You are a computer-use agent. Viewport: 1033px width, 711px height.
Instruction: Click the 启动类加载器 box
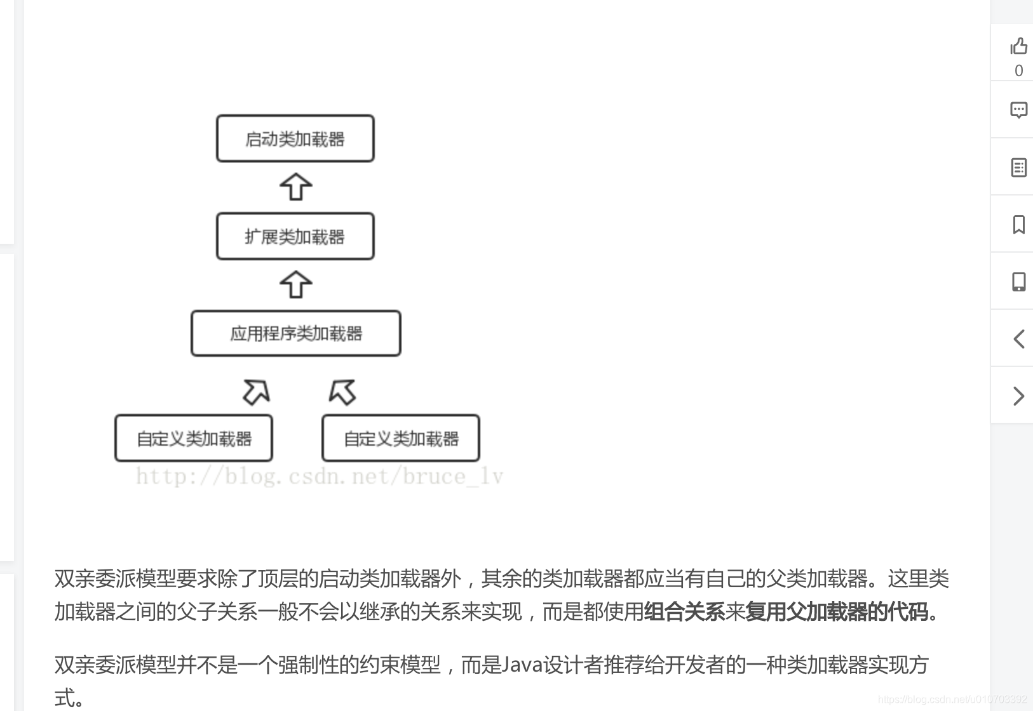tap(295, 138)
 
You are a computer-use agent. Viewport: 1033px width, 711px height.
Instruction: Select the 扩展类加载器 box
tap(295, 236)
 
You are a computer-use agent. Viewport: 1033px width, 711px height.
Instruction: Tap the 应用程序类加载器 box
tap(296, 333)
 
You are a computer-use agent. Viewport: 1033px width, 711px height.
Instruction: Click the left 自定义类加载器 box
tap(194, 438)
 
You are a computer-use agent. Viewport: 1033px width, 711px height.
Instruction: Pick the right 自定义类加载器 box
tap(401, 438)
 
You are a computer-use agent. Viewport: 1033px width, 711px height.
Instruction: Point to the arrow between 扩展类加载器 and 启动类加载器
tap(295, 187)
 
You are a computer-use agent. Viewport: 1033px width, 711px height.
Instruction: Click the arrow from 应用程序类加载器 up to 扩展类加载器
tap(295, 284)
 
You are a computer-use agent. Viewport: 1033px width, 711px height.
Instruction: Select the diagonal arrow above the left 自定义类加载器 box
tap(256, 392)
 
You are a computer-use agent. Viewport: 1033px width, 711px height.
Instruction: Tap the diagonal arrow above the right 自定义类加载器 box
tap(342, 392)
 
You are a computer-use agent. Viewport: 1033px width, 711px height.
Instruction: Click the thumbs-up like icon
tap(1018, 46)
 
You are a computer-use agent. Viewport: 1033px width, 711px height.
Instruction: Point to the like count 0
tap(1018, 70)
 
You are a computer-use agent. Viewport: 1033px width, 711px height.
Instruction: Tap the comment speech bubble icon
tap(1018, 110)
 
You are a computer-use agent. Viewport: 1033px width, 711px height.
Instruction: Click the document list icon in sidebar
tap(1018, 167)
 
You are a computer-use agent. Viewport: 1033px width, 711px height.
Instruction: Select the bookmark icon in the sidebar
tap(1018, 224)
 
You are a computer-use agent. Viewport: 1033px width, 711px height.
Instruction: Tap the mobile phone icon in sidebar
tap(1018, 281)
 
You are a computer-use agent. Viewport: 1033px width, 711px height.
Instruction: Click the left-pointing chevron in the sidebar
tap(1018, 338)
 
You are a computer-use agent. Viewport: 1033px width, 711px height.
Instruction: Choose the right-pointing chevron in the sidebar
tap(1018, 395)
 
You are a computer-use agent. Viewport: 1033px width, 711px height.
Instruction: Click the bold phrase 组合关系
tap(684, 611)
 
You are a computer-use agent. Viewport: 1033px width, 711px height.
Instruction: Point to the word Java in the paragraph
tap(522, 665)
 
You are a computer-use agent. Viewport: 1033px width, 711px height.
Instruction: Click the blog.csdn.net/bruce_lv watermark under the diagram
tap(320, 476)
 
